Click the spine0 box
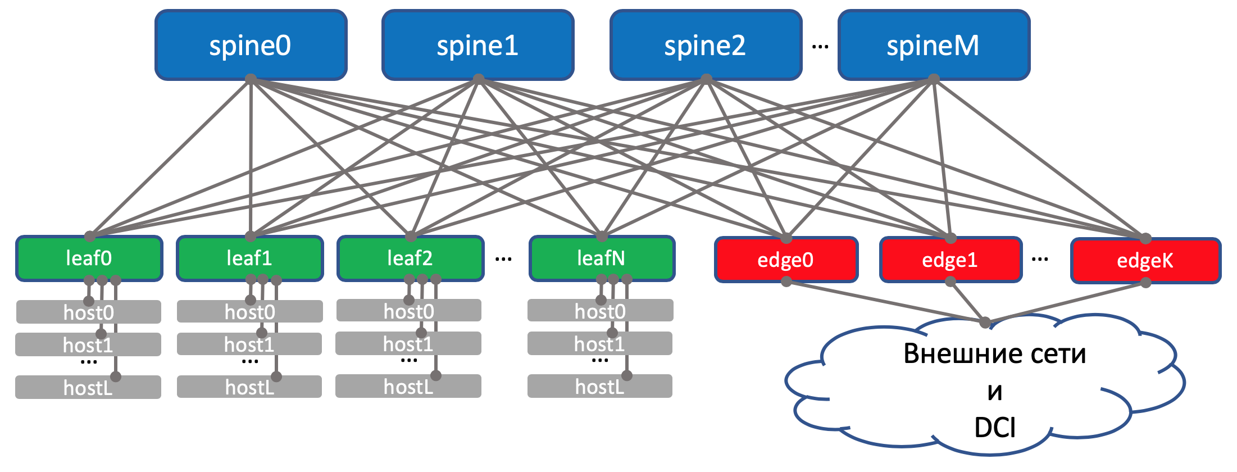coord(251,45)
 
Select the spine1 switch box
coord(477,45)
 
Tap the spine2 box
coord(706,45)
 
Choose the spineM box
coord(934,45)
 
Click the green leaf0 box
coord(89,258)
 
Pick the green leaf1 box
coord(249,258)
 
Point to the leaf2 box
coord(410,258)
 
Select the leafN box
coord(602,258)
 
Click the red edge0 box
coord(786,260)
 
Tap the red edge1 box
coord(950,260)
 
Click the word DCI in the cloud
coord(995,428)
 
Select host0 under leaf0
coord(89,312)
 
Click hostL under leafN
coord(600,387)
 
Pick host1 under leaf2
coord(408,344)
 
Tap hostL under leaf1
coord(249,387)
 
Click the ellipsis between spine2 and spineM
coord(820,47)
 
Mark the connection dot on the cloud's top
coord(985,323)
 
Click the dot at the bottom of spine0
coord(251,79)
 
